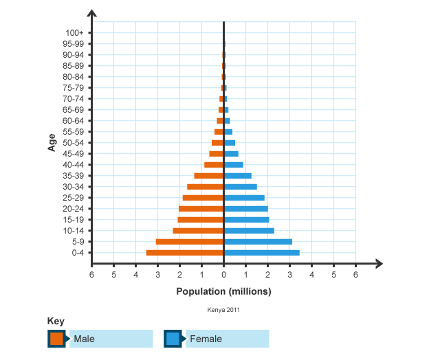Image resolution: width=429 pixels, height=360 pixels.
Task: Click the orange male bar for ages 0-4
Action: coord(185,253)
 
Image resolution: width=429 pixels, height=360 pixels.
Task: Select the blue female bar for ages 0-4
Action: coord(262,253)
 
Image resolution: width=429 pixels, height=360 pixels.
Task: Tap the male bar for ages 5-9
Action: coord(190,242)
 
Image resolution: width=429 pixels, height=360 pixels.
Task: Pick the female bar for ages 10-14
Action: coord(249,231)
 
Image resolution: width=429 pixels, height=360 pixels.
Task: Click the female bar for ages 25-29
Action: coord(244,198)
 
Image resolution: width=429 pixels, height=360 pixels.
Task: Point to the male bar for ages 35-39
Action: coord(209,176)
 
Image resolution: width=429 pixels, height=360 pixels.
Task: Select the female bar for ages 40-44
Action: coord(234,165)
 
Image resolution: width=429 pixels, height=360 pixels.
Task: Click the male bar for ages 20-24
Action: coord(201,209)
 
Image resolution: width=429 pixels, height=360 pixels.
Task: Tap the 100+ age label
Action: coord(75,33)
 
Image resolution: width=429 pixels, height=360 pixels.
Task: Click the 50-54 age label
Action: coord(74,143)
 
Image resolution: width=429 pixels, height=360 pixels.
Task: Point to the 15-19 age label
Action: coord(74,220)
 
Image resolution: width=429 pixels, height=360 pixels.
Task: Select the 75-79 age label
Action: coord(74,88)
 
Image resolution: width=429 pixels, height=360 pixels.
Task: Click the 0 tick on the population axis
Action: coord(224,274)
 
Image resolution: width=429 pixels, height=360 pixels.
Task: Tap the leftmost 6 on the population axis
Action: coord(91,274)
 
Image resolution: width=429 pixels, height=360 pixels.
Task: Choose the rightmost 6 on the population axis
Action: coord(355,274)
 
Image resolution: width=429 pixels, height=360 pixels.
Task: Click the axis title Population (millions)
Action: coord(223,291)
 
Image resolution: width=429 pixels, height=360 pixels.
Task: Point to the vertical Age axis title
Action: coord(52,142)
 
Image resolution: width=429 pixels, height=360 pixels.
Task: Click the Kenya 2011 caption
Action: coord(223,310)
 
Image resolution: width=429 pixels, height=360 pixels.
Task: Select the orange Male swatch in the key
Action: coord(56,339)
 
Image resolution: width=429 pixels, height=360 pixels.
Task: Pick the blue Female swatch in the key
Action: coord(173,339)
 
